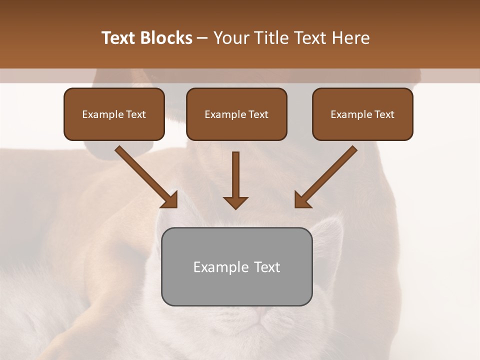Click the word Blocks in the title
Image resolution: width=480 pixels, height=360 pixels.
167,38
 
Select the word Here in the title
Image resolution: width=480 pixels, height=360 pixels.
350,38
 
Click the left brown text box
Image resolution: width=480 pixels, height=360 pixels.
114,114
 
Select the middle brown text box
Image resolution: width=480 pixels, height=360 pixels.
236,114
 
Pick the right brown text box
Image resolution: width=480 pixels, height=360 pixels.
362,114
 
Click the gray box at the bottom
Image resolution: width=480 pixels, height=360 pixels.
236,266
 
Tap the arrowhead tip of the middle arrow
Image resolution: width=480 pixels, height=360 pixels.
235,207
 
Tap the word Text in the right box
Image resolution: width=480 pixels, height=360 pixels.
384,114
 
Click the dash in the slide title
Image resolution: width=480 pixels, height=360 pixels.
202,38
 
